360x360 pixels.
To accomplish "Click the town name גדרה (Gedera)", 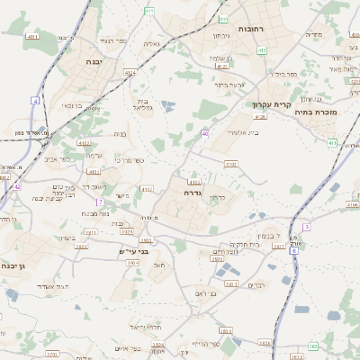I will [x=190, y=192].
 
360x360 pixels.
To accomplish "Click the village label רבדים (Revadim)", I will [x=256, y=285].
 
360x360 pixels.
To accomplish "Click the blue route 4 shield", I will [x=35, y=101].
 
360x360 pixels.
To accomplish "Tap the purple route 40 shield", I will [x=205, y=133].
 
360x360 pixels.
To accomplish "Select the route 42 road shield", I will [x=17, y=186].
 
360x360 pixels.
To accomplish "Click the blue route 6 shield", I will [x=293, y=251].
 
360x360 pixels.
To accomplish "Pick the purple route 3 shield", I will [x=306, y=227].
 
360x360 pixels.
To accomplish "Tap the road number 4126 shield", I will [x=261, y=116].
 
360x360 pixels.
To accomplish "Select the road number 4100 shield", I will [x=230, y=165].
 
